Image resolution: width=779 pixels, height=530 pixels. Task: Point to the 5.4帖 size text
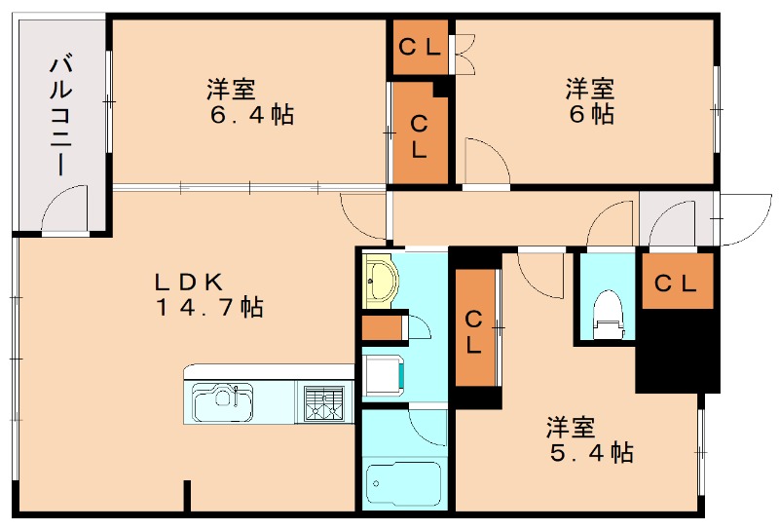pos(589,452)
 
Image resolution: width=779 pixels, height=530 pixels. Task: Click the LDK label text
pos(189,282)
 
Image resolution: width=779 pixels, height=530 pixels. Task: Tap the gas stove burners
pos(324,402)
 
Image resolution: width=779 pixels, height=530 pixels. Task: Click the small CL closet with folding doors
pos(420,46)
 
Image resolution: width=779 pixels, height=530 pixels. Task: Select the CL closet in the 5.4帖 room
pos(474,331)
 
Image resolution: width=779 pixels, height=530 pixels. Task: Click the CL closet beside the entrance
pos(674,284)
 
